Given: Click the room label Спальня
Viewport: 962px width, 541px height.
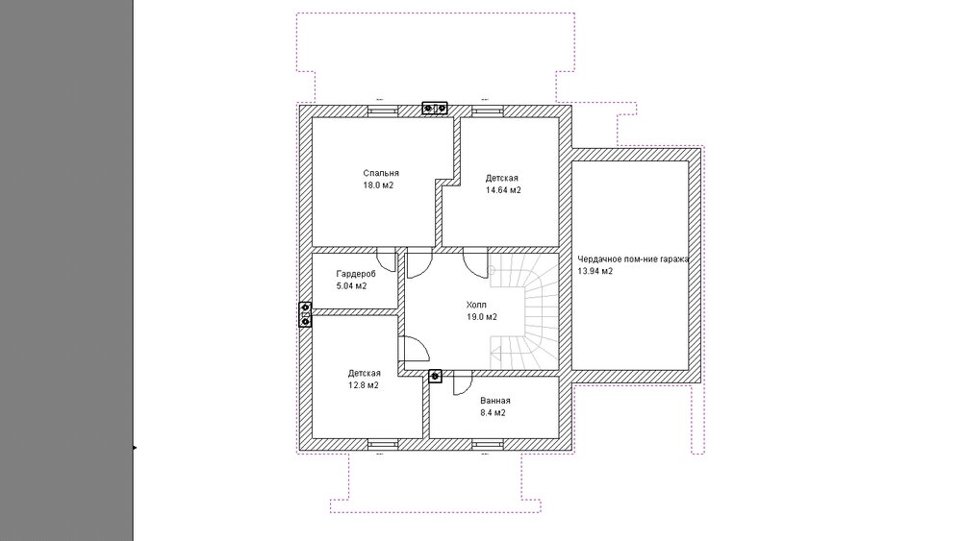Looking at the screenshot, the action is point(380,173).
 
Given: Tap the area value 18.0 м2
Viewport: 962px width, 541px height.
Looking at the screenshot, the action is point(378,185).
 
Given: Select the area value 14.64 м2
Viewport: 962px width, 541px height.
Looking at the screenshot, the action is point(503,190).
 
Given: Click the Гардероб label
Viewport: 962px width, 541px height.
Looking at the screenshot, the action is point(356,274).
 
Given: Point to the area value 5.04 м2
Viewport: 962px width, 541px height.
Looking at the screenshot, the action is point(351,286).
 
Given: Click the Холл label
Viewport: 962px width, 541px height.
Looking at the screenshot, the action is point(476,305).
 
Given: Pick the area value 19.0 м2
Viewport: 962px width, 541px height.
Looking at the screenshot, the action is point(482,317).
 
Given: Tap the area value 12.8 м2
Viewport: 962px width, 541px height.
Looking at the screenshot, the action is point(364,385).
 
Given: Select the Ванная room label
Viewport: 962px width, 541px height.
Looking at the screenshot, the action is point(495,401).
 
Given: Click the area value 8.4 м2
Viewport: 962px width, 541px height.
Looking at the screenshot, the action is point(493,413).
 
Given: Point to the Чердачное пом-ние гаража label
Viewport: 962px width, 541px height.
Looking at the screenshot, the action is point(633,259).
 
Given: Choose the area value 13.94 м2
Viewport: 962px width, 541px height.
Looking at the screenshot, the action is point(595,271).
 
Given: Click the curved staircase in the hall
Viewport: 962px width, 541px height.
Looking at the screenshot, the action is point(525,311).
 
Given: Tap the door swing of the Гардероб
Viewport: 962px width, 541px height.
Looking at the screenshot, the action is point(387,260).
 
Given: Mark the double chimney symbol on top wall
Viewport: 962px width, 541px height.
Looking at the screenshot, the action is point(435,109).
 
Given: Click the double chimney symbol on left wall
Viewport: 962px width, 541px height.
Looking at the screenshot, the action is point(305,314).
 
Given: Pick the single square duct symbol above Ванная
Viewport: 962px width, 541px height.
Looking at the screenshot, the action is point(435,376).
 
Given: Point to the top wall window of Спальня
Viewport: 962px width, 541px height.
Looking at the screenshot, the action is point(383,111).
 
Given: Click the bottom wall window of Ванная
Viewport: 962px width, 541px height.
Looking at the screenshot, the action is point(488,444).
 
